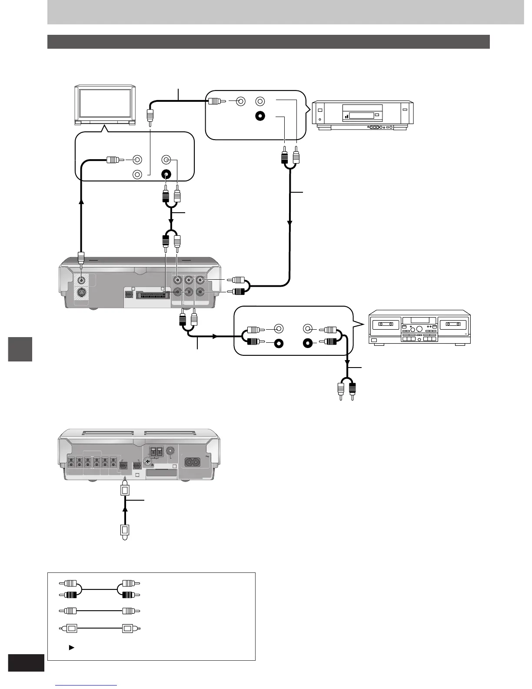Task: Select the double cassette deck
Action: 419,327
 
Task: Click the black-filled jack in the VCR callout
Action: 259,117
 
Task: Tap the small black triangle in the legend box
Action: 71,648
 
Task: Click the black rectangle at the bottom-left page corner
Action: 26,663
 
